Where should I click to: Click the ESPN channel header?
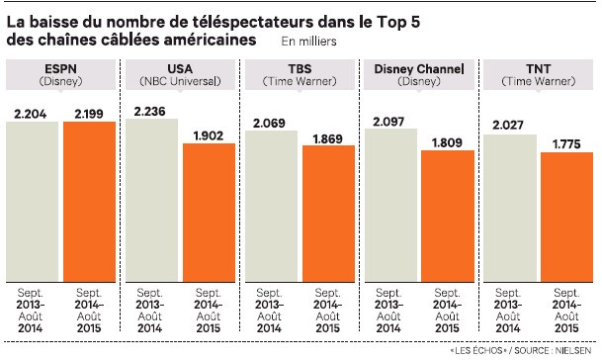point(60,67)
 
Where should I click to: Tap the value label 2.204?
point(33,113)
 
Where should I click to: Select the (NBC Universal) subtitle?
point(179,81)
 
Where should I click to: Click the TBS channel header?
point(298,67)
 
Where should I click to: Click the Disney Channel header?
point(416,67)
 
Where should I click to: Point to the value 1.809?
point(445,141)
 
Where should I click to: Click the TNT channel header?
point(535,67)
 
